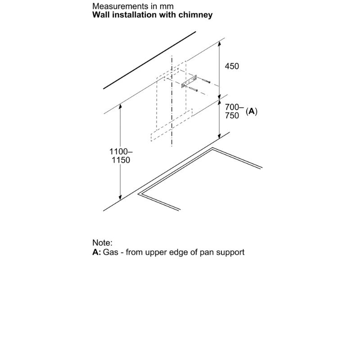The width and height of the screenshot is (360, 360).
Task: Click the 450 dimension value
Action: [x=232, y=66]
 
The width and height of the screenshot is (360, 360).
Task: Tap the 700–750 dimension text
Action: [x=234, y=111]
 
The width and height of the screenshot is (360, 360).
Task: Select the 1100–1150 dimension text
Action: [x=121, y=156]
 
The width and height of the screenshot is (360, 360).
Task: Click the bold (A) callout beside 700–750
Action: [x=252, y=111]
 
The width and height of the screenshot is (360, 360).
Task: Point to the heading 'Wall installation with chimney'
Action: [x=153, y=15]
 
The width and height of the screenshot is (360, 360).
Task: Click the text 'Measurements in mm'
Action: [x=133, y=6]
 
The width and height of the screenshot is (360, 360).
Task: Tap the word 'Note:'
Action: [x=103, y=243]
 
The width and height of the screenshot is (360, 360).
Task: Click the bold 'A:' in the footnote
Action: [x=97, y=252]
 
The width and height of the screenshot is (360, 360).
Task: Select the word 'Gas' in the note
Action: [x=111, y=252]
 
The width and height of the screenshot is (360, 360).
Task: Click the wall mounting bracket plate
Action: [x=189, y=82]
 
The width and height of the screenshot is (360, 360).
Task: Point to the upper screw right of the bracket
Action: [x=206, y=81]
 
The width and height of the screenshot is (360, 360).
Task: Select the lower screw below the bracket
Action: [x=193, y=89]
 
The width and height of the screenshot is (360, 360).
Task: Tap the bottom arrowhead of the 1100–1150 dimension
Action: [x=120, y=198]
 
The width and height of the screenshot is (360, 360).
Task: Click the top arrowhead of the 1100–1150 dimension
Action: [x=120, y=106]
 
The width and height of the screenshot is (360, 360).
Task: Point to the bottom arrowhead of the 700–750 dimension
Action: [x=220, y=136]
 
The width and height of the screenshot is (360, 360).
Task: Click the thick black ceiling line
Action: [x=149, y=60]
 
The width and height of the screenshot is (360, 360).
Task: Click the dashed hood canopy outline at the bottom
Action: [x=171, y=125]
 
